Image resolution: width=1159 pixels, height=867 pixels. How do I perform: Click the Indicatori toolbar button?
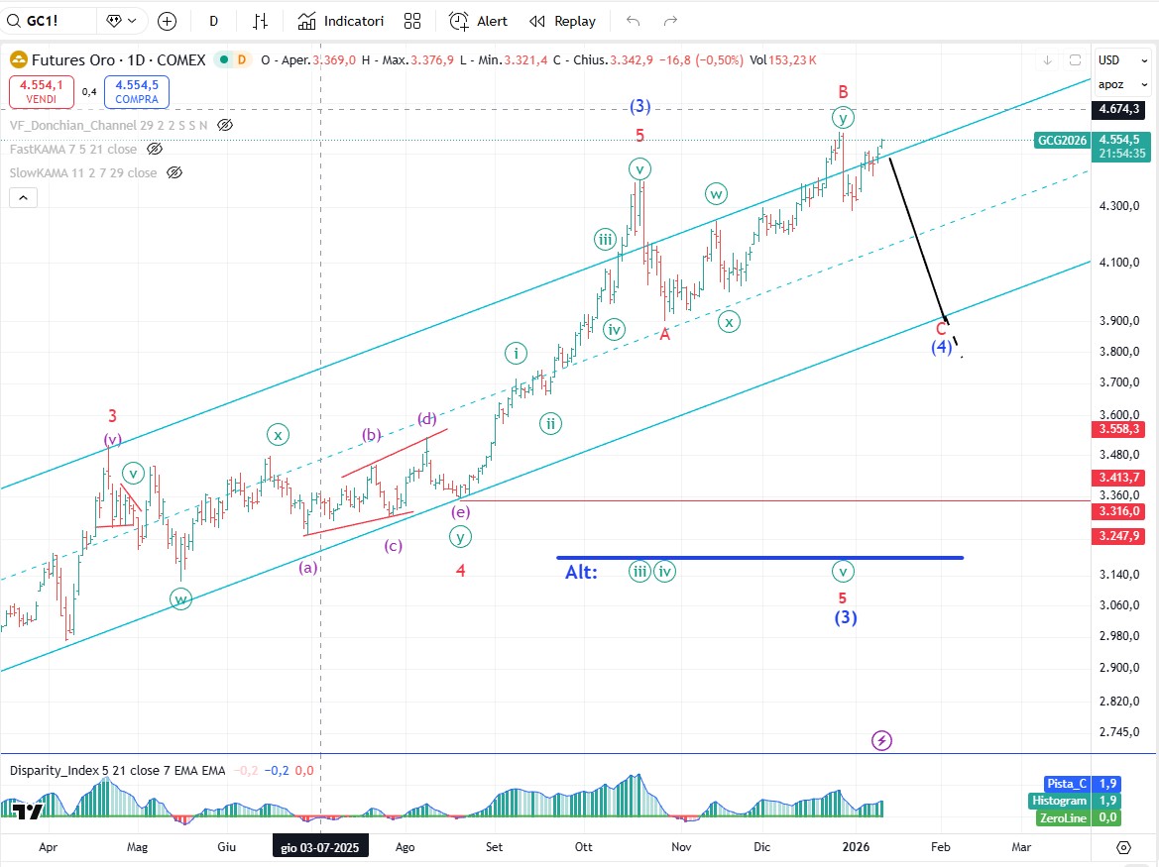pyautogui.click(x=341, y=21)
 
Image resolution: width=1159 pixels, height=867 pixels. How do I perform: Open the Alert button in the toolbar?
pyautogui.click(x=478, y=21)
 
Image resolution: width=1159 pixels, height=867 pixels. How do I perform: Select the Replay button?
pyautogui.click(x=563, y=21)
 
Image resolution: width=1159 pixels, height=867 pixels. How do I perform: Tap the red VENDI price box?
pyautogui.click(x=40, y=92)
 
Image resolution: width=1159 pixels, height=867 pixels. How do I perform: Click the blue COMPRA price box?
pyautogui.click(x=137, y=92)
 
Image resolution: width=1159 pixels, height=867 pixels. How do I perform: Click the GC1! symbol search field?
pyautogui.click(x=50, y=21)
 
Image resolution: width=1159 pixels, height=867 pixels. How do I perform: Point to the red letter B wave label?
pyautogui.click(x=843, y=91)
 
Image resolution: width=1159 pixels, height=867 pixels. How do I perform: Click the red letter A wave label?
pyautogui.click(x=665, y=335)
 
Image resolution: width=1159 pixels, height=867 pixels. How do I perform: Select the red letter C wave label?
pyautogui.click(x=941, y=328)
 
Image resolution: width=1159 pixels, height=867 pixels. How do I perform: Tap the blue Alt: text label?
pyautogui.click(x=582, y=572)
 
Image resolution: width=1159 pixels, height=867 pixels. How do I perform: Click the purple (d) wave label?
pyautogui.click(x=427, y=418)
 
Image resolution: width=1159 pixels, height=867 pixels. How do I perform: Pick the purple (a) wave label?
pyautogui.click(x=308, y=567)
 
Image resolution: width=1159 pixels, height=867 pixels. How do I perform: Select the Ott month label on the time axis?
pyautogui.click(x=584, y=847)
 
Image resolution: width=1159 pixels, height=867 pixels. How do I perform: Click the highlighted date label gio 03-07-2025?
pyautogui.click(x=320, y=847)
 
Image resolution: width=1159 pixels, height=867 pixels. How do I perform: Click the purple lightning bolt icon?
pyautogui.click(x=881, y=740)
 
